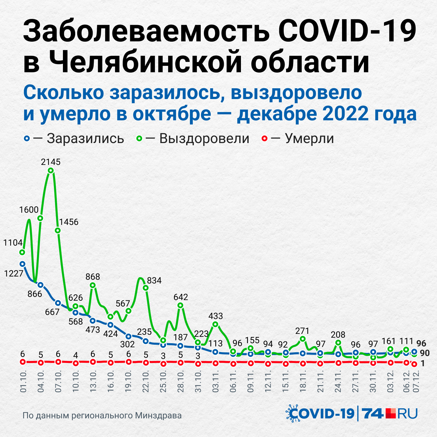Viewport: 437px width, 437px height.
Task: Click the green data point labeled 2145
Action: (51, 170)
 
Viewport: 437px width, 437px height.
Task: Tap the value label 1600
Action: (29, 210)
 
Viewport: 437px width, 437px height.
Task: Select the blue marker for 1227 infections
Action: (22, 264)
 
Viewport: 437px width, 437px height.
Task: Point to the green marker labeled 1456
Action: (58, 230)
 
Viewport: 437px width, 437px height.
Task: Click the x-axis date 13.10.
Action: (93, 381)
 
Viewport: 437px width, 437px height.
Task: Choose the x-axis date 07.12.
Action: (416, 381)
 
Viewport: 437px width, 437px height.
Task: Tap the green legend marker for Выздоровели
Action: (140, 139)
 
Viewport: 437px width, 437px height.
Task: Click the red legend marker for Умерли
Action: (264, 139)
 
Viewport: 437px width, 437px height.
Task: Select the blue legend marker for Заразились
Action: (27, 139)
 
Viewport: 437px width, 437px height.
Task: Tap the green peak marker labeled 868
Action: (93, 285)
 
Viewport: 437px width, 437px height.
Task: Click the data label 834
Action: (154, 281)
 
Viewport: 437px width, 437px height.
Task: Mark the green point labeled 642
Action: (181, 305)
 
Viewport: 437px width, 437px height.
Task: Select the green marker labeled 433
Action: (215, 324)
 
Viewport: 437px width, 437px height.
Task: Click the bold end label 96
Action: (421, 343)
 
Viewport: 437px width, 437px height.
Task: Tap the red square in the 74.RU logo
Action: (391, 413)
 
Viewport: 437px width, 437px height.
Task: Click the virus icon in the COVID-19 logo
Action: (292, 413)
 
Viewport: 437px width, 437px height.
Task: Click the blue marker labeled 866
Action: (40, 285)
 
